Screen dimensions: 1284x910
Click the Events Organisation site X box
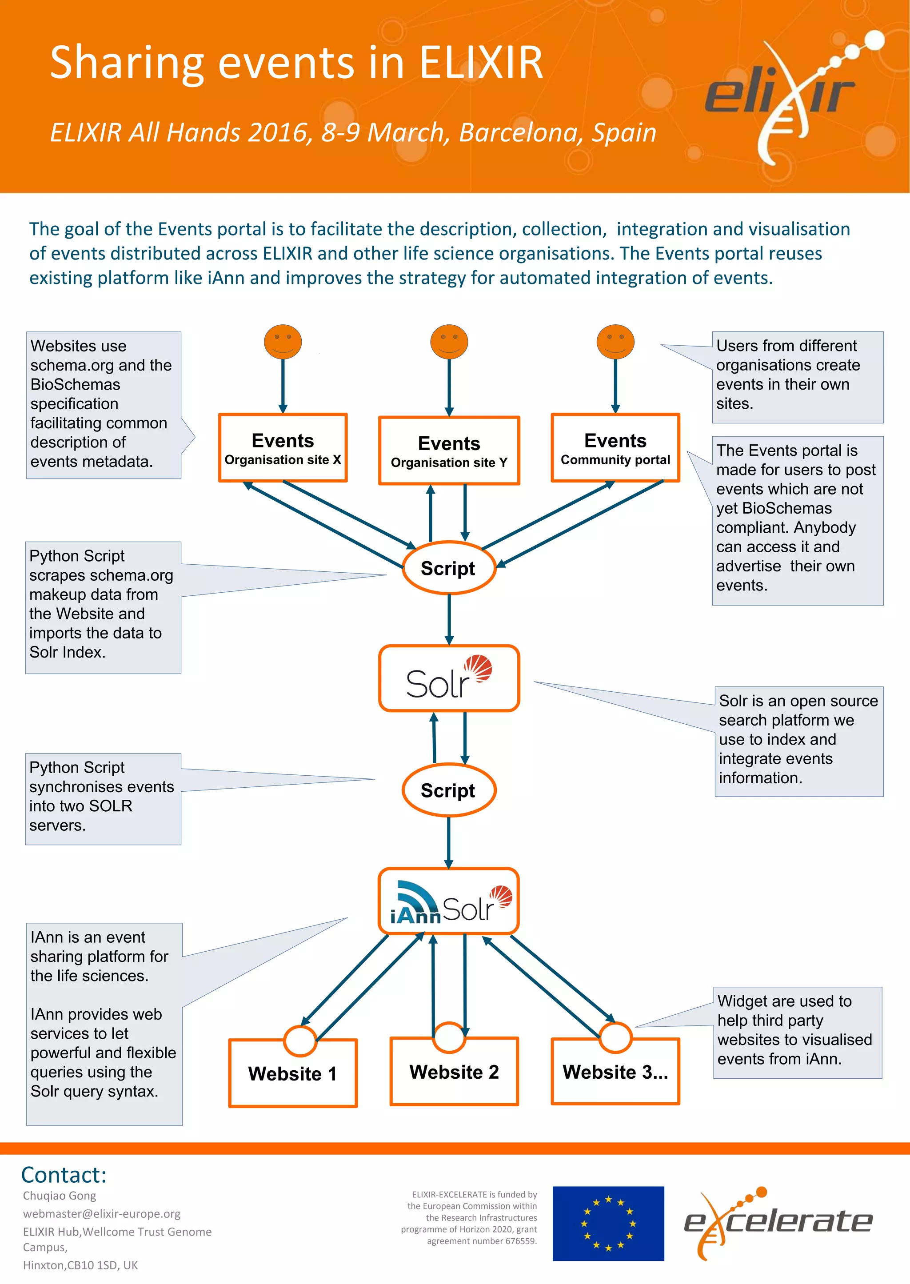click(x=283, y=447)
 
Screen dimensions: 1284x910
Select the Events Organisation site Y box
click(x=449, y=451)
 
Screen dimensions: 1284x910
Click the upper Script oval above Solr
click(x=448, y=568)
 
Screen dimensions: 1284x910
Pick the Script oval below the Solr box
click(x=448, y=790)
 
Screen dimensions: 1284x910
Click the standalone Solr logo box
click(x=449, y=678)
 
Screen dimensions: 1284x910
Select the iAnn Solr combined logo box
click(x=448, y=901)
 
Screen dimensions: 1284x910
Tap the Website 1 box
click(x=292, y=1073)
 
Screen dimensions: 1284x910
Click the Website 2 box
click(x=454, y=1072)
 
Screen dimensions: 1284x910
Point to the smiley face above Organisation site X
click(x=283, y=342)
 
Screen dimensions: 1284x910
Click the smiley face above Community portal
click(x=615, y=342)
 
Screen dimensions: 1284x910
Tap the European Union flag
click(x=608, y=1223)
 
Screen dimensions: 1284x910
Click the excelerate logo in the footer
click(x=778, y=1221)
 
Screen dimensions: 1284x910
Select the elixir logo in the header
click(x=790, y=95)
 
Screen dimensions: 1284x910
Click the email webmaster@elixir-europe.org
click(x=101, y=1213)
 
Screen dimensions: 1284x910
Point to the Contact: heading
click(x=64, y=1174)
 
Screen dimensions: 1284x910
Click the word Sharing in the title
click(x=127, y=63)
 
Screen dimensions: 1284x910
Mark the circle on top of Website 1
click(x=300, y=1041)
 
